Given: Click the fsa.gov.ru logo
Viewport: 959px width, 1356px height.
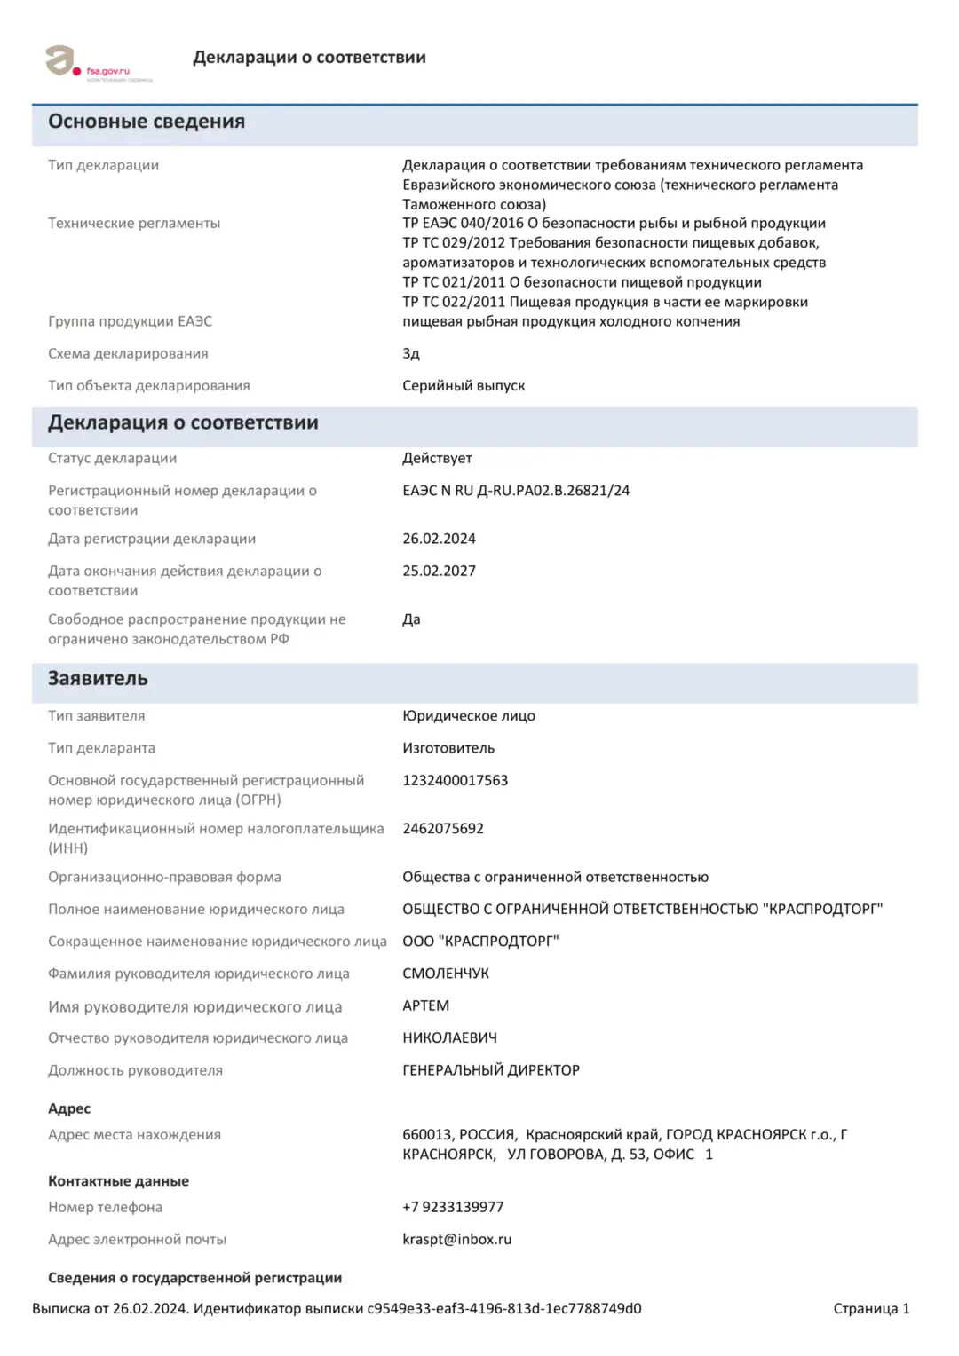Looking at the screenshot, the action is click(x=98, y=64).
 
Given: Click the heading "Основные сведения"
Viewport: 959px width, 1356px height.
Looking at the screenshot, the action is click(x=147, y=122).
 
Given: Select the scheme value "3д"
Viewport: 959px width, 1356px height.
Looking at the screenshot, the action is click(x=411, y=353).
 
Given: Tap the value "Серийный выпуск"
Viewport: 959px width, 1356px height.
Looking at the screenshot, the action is click(x=464, y=385).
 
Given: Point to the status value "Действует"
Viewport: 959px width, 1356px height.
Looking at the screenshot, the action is click(x=437, y=458).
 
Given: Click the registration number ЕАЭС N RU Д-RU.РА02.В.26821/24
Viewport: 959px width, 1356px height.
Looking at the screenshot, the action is click(x=516, y=490).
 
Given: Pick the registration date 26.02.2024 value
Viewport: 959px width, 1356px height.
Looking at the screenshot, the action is click(x=439, y=539).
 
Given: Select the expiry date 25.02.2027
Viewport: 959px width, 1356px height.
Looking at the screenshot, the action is click(x=439, y=571).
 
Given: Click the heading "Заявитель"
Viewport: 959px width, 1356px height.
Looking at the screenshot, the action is click(x=98, y=679).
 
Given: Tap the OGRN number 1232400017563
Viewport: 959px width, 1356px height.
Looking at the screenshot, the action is click(x=456, y=780).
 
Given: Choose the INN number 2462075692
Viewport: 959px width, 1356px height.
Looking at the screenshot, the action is click(x=443, y=828).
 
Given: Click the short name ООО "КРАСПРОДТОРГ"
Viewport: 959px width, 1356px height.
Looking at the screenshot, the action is click(x=480, y=941).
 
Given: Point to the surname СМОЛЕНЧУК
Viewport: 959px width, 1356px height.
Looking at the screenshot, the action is click(x=446, y=974).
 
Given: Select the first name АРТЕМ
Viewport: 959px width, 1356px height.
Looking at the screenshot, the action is click(x=426, y=1005).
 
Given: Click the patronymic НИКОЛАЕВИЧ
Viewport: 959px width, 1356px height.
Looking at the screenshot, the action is click(x=449, y=1037).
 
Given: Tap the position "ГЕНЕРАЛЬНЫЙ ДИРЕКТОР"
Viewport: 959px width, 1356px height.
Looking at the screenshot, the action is click(x=491, y=1070).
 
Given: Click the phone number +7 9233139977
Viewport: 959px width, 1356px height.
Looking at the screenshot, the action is click(x=453, y=1207).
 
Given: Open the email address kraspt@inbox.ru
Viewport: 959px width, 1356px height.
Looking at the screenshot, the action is click(x=456, y=1239).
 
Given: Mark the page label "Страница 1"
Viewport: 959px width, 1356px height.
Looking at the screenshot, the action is click(x=871, y=1308).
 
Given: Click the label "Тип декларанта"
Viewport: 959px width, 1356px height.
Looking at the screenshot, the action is click(x=101, y=748).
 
